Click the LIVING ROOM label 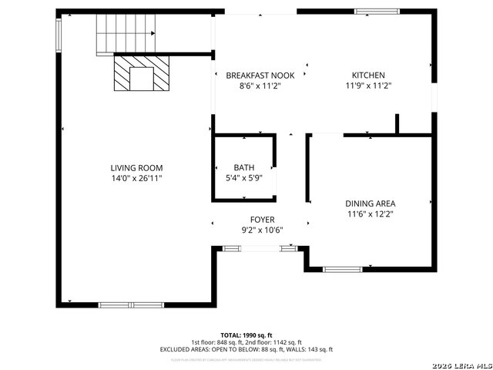(136, 168)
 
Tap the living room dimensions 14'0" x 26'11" (136, 178)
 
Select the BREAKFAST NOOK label (254, 76)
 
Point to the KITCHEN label (368, 76)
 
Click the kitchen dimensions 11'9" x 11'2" (368, 86)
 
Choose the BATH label (243, 168)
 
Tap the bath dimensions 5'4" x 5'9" (243, 178)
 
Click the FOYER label (262, 220)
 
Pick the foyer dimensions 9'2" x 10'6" (262, 230)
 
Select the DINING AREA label (370, 203)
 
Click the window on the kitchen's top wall (377, 12)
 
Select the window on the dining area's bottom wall (342, 269)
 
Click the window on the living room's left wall (59, 34)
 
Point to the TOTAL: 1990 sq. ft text (246, 335)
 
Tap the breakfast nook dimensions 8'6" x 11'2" (254, 86)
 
